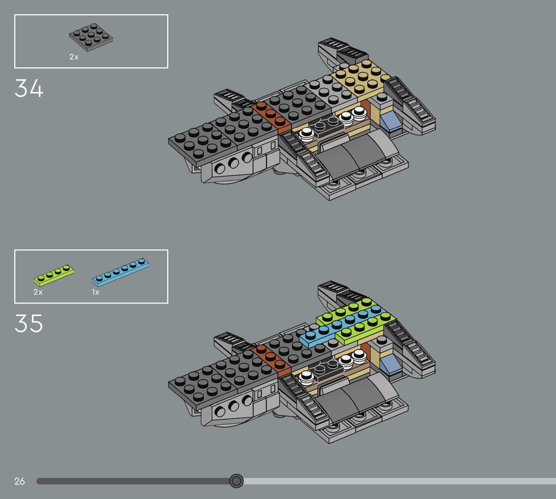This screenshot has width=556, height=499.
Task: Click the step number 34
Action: pyautogui.click(x=29, y=88)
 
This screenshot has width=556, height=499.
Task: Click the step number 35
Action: pyautogui.click(x=29, y=323)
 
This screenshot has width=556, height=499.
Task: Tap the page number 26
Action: pyautogui.click(x=20, y=481)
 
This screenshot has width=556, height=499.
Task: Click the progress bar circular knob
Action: pyautogui.click(x=236, y=481)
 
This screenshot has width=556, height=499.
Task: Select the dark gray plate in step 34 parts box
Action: pyautogui.click(x=91, y=37)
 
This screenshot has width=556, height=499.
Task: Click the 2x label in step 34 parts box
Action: pyautogui.click(x=74, y=57)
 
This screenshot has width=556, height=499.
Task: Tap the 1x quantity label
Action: pyautogui.click(x=95, y=292)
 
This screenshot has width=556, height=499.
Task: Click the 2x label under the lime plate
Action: pyautogui.click(x=38, y=292)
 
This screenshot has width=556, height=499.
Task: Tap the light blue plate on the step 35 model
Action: pyautogui.click(x=337, y=326)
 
